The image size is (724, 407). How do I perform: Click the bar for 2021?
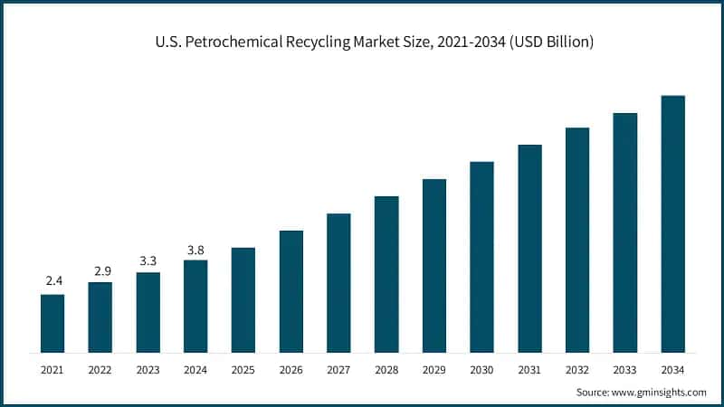point(52,323)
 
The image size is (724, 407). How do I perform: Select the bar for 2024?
point(195,306)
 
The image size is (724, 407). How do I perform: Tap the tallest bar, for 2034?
point(672,223)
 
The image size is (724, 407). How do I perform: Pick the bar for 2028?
point(386,274)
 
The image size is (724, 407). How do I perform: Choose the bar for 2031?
point(529,248)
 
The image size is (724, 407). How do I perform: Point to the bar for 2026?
point(291,291)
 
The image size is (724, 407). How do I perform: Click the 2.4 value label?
point(52,281)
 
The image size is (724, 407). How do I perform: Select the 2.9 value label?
point(100,270)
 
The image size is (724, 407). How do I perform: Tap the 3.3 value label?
point(148,260)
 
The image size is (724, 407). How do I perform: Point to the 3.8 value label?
point(195,248)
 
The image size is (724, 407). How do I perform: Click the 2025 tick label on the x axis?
point(243,369)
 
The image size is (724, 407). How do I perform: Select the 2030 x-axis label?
point(481,369)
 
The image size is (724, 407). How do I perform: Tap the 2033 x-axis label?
point(624,369)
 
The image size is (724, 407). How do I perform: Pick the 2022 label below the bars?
point(100,369)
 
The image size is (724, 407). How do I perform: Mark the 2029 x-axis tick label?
point(434,369)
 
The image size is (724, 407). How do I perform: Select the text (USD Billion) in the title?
point(548,43)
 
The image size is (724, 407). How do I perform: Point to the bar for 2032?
point(577,240)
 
